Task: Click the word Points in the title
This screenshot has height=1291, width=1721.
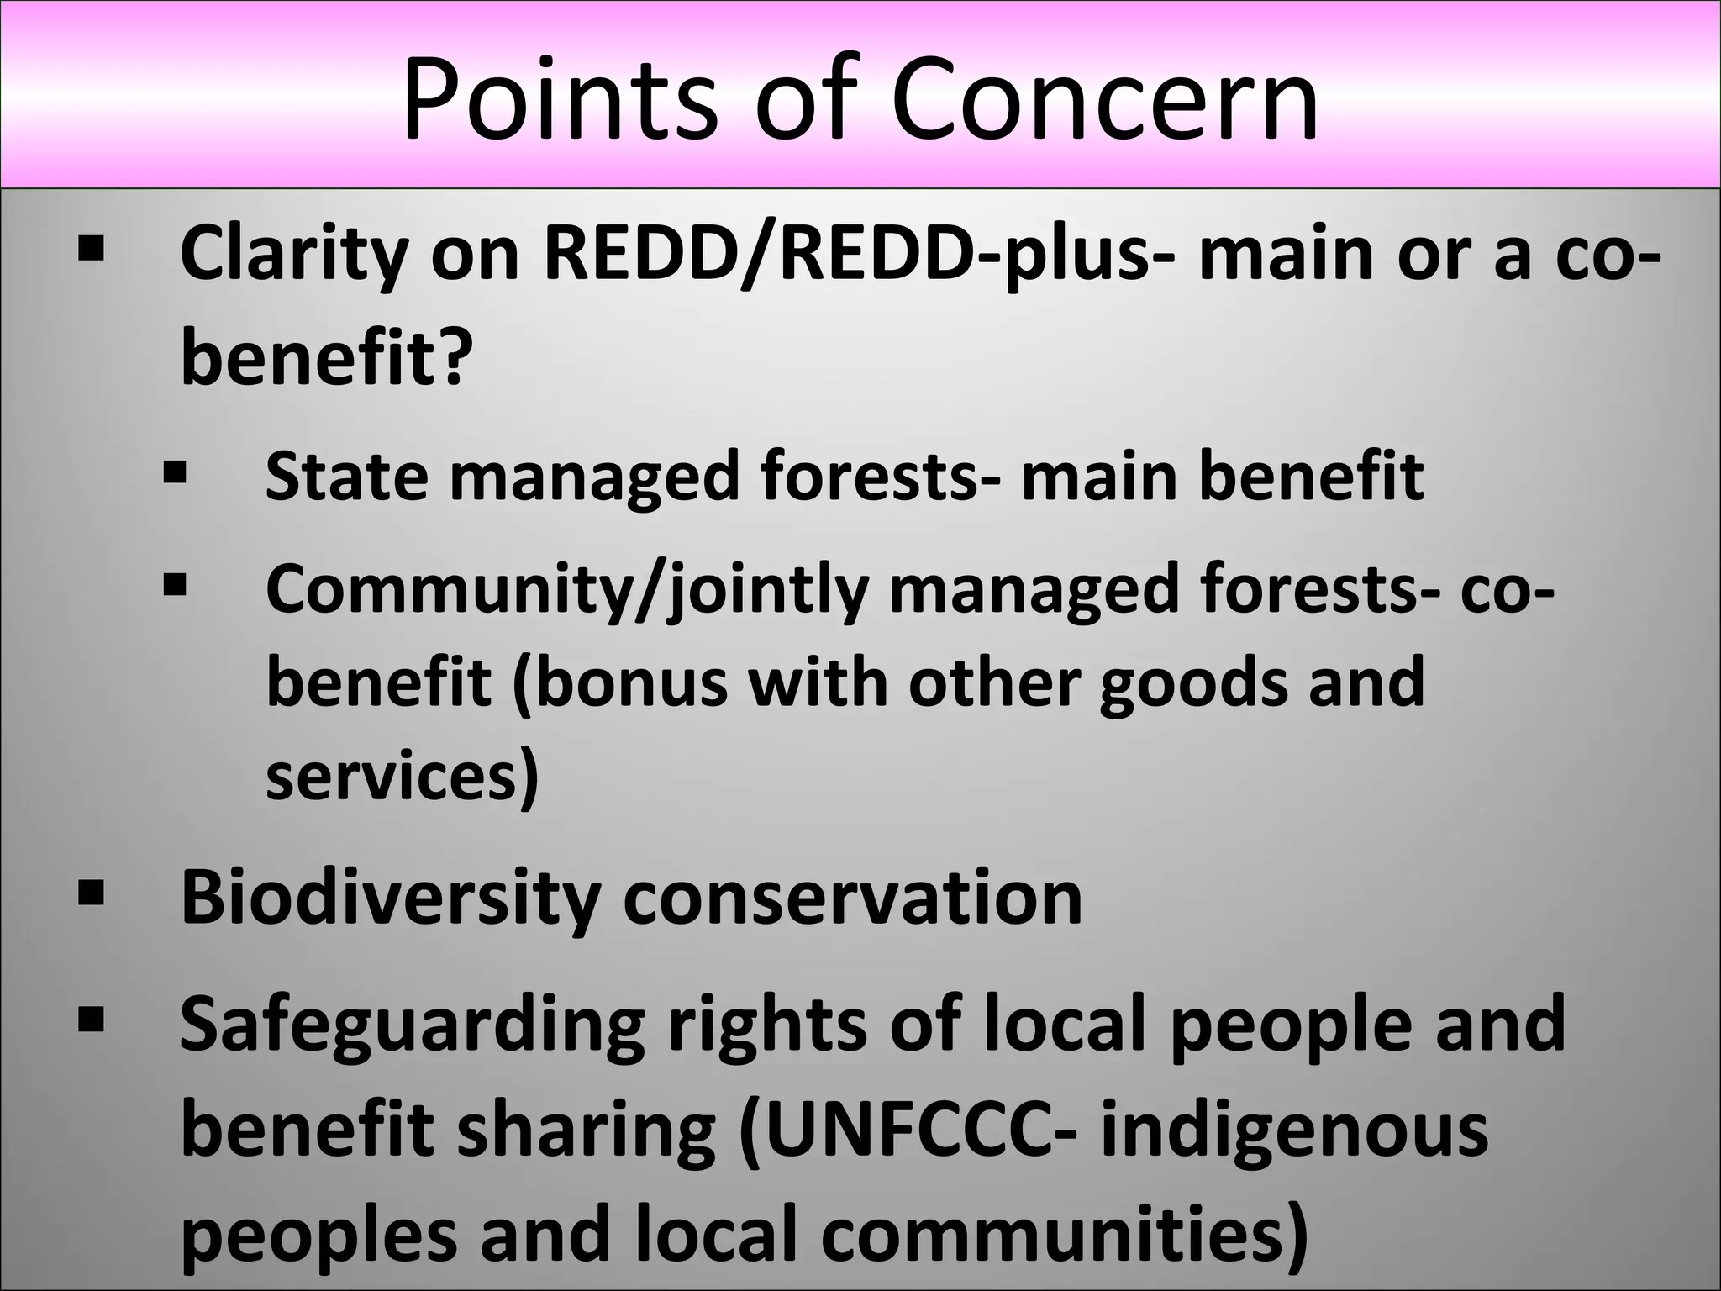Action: (560, 99)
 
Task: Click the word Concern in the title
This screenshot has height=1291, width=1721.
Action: (1104, 99)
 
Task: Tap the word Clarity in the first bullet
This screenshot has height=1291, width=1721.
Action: (294, 254)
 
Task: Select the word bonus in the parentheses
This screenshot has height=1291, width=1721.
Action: (631, 682)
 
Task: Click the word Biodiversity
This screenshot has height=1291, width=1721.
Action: (391, 898)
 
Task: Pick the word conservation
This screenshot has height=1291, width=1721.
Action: (852, 898)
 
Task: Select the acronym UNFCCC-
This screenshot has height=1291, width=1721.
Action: (908, 1130)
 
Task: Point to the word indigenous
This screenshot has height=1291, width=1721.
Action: (1294, 1130)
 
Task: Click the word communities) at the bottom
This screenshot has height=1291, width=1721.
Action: (1064, 1234)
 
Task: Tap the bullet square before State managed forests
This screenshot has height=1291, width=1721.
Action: (175, 472)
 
